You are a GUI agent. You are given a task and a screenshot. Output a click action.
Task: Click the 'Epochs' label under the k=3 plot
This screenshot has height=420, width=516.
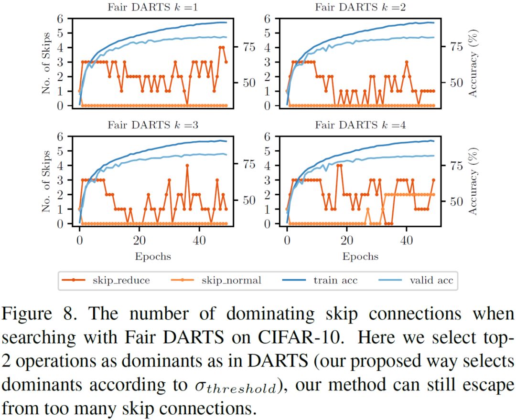pyautogui.click(x=153, y=256)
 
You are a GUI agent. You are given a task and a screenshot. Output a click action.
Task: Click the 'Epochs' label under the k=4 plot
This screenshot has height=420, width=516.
pyautogui.click(x=360, y=256)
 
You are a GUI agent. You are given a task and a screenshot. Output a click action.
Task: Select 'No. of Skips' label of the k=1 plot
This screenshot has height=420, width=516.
pyautogui.click(x=47, y=62)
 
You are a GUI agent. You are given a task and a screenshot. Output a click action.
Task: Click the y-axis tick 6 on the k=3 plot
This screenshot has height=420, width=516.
pyautogui.click(x=60, y=136)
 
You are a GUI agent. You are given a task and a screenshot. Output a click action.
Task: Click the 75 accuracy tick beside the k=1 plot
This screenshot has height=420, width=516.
pyautogui.click(x=249, y=47)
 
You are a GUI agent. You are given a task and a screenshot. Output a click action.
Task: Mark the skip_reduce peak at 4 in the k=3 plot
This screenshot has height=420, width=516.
pyautogui.click(x=187, y=165)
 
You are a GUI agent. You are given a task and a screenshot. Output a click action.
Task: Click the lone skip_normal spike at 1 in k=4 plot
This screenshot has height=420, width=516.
pyautogui.click(x=368, y=209)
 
